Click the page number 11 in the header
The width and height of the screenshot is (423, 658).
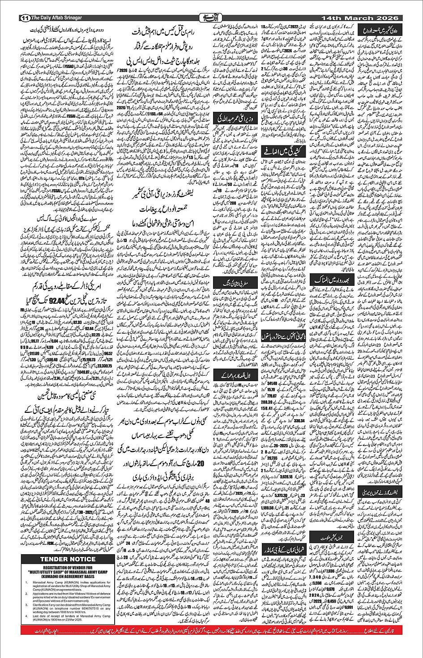click(24, 18)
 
